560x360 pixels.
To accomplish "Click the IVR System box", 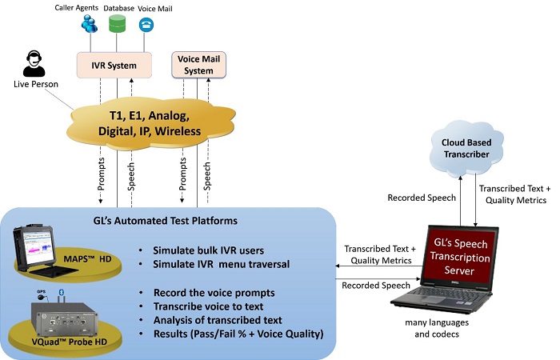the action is click(114, 65).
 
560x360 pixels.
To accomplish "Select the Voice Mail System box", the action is click(198, 65).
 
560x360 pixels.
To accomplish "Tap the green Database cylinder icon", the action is click(117, 24).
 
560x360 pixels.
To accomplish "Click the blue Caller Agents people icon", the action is click(90, 24).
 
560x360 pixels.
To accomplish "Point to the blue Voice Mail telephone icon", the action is click(146, 25).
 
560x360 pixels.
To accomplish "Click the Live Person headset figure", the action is click(34, 63).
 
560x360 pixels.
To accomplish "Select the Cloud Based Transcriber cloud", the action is click(466, 147).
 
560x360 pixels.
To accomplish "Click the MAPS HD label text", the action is click(87, 259).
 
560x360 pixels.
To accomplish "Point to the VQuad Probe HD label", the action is click(69, 342).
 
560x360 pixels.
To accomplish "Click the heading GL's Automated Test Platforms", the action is click(166, 221).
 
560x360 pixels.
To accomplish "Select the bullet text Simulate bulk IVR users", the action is click(209, 250).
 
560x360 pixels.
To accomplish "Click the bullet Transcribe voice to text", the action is click(209, 306).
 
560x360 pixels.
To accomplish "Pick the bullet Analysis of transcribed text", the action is click(218, 320).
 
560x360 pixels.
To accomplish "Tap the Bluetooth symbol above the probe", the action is click(61, 292).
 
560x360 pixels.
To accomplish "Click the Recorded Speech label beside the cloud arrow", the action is click(422, 198).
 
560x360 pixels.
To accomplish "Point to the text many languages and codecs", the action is click(437, 328).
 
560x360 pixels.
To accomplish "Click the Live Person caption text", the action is click(36, 84).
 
